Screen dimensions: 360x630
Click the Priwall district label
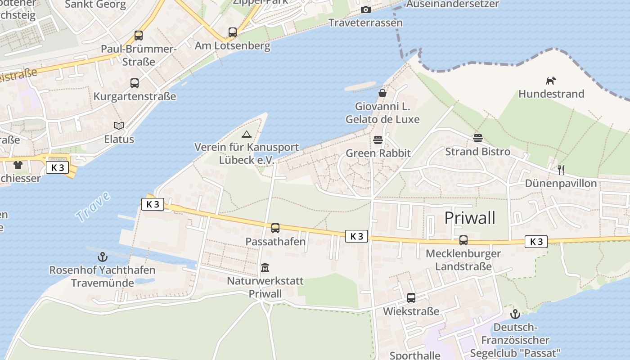click(470, 218)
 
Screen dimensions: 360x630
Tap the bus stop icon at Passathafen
click(275, 228)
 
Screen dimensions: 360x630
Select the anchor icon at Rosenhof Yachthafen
click(103, 257)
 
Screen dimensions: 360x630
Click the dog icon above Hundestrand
click(551, 81)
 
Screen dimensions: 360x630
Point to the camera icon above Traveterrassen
click(366, 9)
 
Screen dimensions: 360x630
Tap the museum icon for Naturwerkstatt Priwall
click(265, 268)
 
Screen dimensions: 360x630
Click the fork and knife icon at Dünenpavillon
click(561, 170)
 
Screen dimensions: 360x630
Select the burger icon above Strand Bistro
click(477, 138)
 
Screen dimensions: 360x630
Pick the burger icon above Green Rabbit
click(378, 140)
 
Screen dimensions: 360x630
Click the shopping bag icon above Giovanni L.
click(382, 93)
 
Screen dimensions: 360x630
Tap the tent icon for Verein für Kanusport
click(246, 134)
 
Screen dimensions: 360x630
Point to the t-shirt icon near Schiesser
click(18, 165)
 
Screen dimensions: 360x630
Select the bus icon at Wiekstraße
click(411, 297)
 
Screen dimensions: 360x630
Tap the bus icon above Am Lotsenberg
click(232, 32)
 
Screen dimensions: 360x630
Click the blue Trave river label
click(93, 207)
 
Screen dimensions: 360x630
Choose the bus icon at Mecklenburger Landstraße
click(463, 240)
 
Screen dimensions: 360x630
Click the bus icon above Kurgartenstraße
click(135, 83)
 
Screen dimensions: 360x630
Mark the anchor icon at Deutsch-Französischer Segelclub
click(515, 314)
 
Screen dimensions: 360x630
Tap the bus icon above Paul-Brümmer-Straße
click(139, 36)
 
